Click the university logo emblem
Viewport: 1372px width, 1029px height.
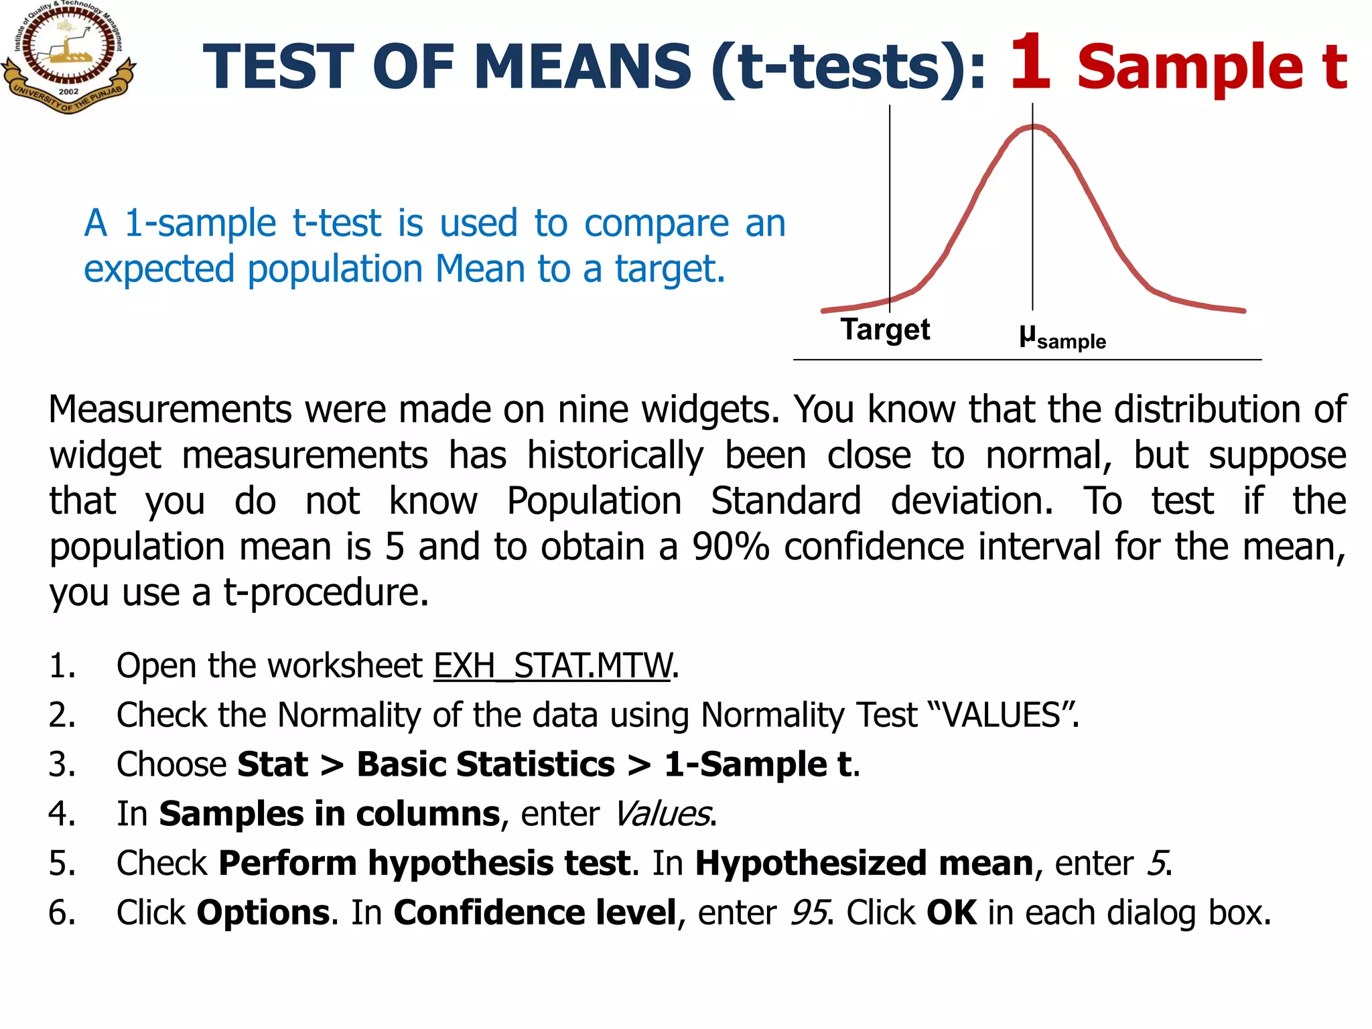point(68,56)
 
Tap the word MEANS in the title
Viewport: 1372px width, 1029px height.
point(581,67)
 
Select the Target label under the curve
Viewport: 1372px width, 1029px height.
point(885,330)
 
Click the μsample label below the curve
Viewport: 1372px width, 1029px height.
point(1062,337)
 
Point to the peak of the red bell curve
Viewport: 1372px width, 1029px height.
point(1034,127)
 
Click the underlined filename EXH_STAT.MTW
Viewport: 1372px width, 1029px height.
point(552,666)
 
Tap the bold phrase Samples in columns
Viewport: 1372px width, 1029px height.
point(329,814)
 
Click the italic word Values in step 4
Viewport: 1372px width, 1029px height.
point(662,814)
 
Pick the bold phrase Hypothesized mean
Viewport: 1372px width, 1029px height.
point(864,864)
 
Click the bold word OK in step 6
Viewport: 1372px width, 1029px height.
point(951,913)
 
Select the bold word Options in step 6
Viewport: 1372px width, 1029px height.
point(263,913)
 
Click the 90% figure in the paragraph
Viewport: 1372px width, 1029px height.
point(730,547)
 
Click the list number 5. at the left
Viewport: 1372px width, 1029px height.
point(62,864)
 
